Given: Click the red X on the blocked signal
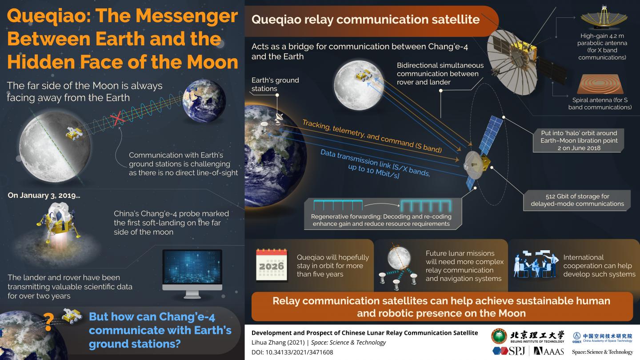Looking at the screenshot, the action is pos(117,119).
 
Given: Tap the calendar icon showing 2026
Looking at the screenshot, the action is pos(272,265).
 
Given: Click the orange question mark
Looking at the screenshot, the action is pos(48,322).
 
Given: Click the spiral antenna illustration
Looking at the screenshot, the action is pos(600,84).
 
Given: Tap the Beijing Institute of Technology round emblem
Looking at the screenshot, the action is pos(499,336).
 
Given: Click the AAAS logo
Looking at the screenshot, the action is pos(548,351).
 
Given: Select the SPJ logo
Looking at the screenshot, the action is pos(509,351).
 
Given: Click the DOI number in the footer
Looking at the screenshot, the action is pos(300,352).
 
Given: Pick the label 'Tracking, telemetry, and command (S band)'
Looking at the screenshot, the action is pos(372,136).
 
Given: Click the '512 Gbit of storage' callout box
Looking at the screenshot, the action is pos(577,200).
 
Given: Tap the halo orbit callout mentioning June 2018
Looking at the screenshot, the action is pos(579,140).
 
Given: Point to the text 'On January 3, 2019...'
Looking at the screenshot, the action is pos(44,196).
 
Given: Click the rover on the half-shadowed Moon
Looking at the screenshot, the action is pos(74,133).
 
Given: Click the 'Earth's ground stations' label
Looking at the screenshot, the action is pos(275,84).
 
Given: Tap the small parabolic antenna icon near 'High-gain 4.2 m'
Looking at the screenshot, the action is pos(604,17).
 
